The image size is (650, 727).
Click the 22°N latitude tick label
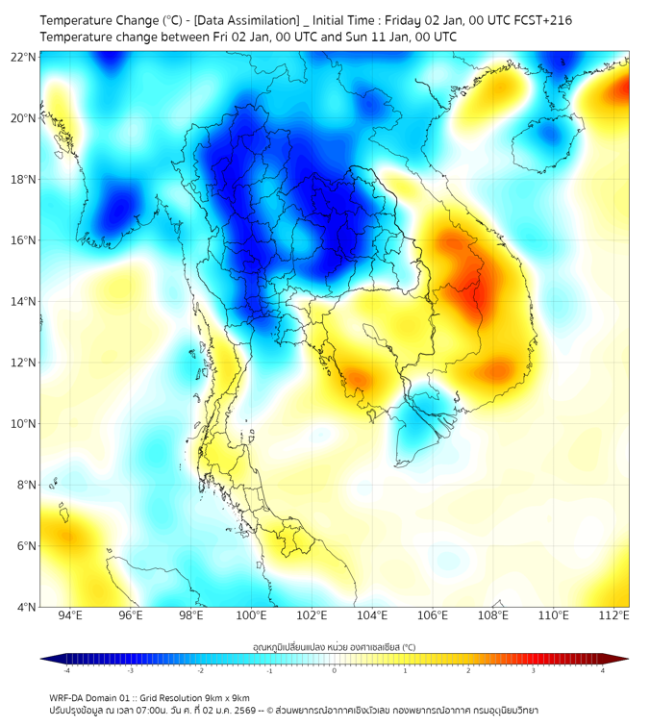click(x=23, y=57)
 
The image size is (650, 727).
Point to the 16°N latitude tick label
click(x=23, y=240)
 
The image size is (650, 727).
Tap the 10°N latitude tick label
click(x=23, y=424)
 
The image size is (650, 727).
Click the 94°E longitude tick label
click(x=70, y=615)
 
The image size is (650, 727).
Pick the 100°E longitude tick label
click(x=251, y=615)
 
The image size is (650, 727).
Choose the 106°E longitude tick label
click(x=433, y=615)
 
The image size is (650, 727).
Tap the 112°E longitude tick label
click(x=613, y=615)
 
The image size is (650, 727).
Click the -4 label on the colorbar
click(x=66, y=670)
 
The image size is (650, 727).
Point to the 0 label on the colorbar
click(x=335, y=670)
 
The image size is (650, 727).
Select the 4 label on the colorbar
click(x=602, y=670)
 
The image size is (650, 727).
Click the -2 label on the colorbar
click(x=200, y=670)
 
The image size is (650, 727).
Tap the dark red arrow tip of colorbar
click(x=622, y=659)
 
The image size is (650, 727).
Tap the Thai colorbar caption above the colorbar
click(x=335, y=646)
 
